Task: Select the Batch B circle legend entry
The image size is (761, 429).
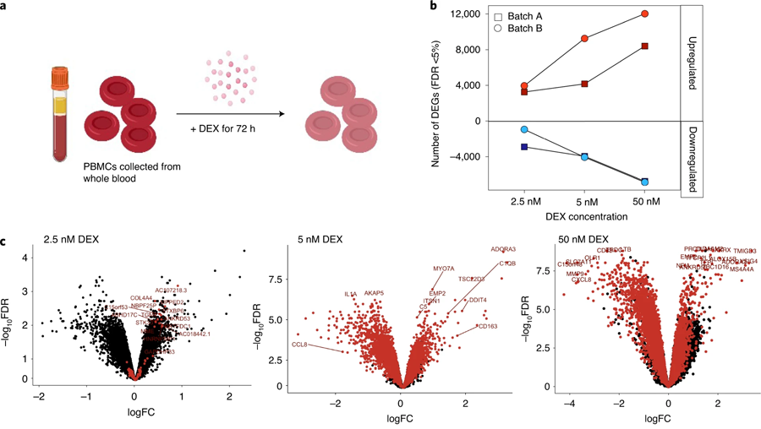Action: [499, 30]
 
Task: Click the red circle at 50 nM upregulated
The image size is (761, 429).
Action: [644, 14]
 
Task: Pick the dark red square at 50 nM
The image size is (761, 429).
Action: [644, 46]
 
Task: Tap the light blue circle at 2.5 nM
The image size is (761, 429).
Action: [524, 129]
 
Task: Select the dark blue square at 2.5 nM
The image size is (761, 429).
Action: [524, 147]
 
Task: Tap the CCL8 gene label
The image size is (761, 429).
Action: [298, 345]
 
